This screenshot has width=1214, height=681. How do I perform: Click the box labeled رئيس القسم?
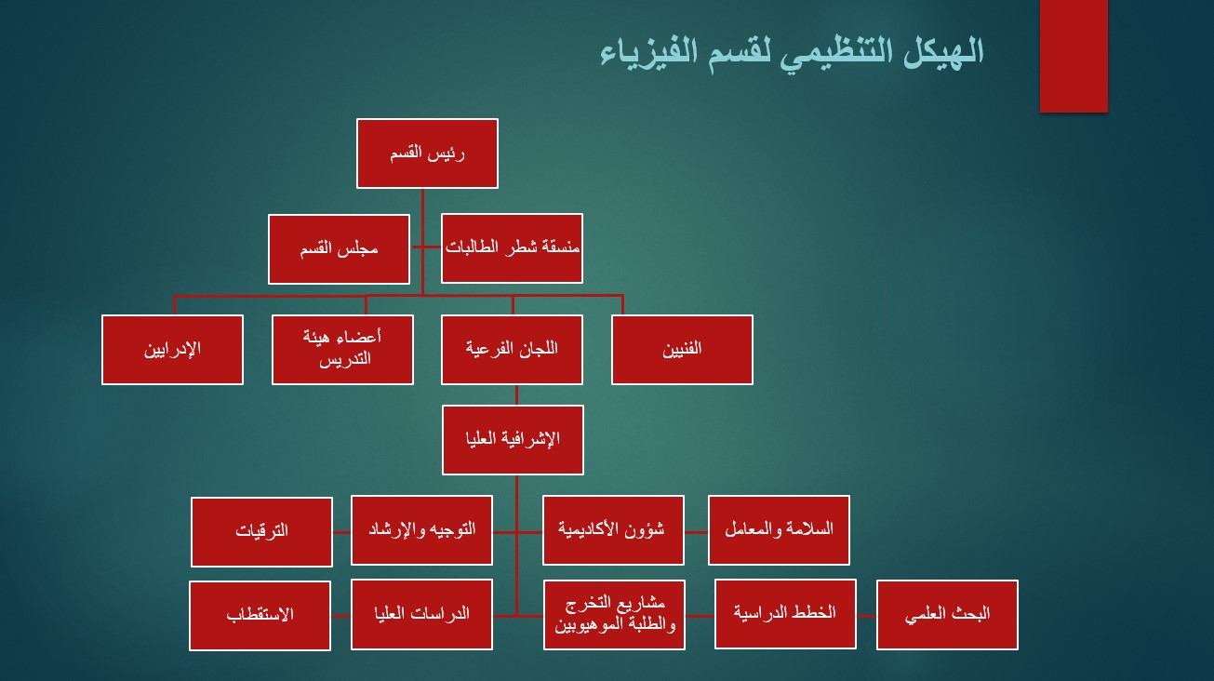pos(427,154)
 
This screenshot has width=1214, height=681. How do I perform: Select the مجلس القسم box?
pos(339,249)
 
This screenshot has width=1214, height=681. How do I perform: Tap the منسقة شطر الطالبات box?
pos(513,248)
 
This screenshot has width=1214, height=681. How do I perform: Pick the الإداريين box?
pos(172,350)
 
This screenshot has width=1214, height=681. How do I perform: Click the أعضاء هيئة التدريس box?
pos(342,350)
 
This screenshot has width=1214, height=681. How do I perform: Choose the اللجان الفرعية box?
pos(513,350)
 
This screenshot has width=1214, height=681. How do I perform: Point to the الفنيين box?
pos(682,350)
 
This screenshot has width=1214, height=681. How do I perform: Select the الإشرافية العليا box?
pos(513,440)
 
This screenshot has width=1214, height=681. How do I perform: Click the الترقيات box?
pos(261,532)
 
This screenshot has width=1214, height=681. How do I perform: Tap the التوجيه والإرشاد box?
pos(421,530)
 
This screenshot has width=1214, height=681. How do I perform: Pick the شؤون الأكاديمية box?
pos(613,530)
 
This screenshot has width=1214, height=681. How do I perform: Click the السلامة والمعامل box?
pos(779,530)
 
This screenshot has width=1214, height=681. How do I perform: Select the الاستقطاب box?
pos(260,615)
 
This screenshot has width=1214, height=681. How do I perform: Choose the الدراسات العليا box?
pos(421,614)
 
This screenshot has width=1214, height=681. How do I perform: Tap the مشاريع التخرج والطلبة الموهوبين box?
pos(614,615)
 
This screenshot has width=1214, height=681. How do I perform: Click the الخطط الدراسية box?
pos(785,614)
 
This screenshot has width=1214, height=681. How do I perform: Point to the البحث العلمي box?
pos(947,615)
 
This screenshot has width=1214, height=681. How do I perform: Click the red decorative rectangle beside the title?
pos(1074,57)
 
